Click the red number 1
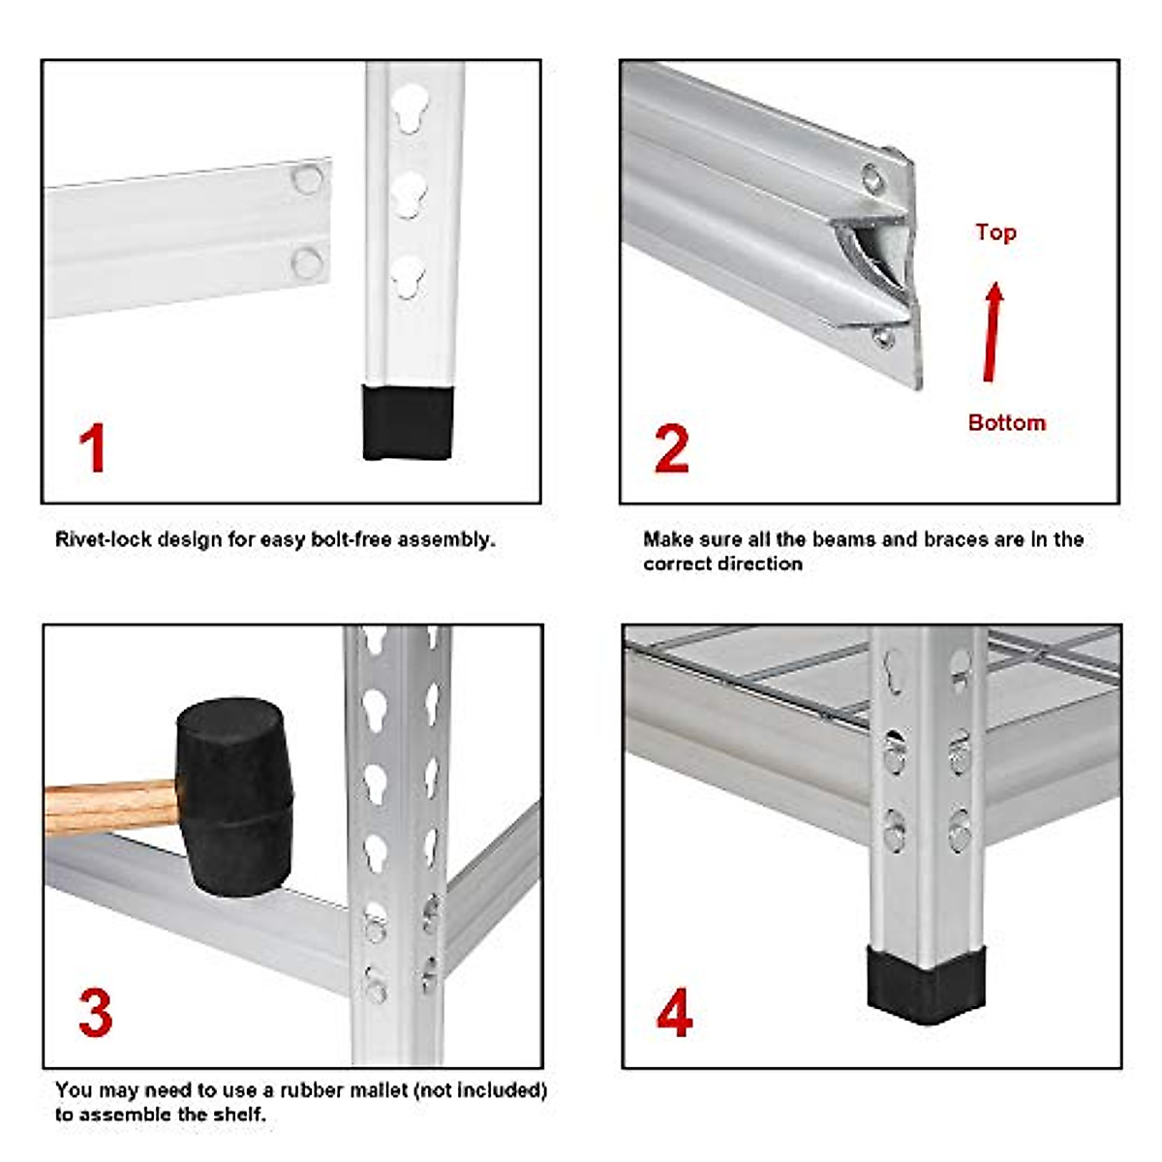pyautogui.click(x=94, y=448)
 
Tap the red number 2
pyautogui.click(x=672, y=448)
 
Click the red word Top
pyautogui.click(x=996, y=232)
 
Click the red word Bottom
pyautogui.click(x=1007, y=422)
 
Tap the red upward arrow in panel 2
pyautogui.click(x=992, y=332)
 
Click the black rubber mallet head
pyautogui.click(x=234, y=796)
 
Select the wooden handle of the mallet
pyautogui.click(x=111, y=808)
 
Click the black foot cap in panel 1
pyautogui.click(x=408, y=422)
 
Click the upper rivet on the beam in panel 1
pyautogui.click(x=308, y=178)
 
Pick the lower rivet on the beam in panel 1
pyautogui.click(x=307, y=263)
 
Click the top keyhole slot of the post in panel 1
pyautogui.click(x=410, y=107)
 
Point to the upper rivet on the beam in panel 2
pyautogui.click(x=872, y=179)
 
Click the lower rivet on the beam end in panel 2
pyautogui.click(x=883, y=337)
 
